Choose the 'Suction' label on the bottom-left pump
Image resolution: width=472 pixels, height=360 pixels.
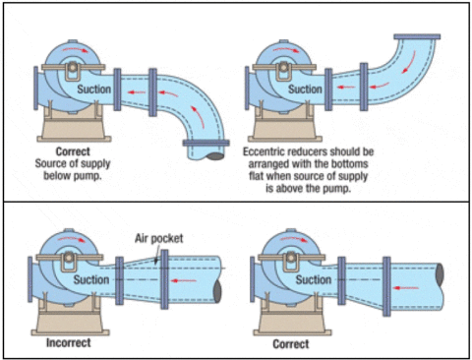pyautogui.click(x=94, y=280)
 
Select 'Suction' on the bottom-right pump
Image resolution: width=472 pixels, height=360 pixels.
pyautogui.click(x=313, y=280)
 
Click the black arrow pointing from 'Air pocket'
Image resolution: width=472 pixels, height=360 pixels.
pyautogui.click(x=153, y=250)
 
